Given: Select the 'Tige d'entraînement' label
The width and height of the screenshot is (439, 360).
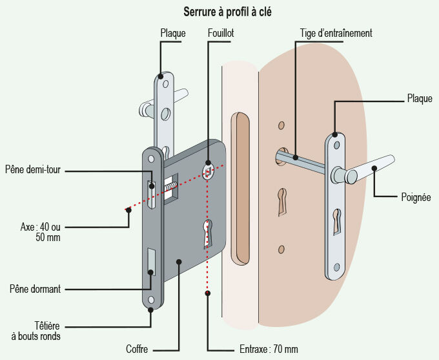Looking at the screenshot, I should (336, 32).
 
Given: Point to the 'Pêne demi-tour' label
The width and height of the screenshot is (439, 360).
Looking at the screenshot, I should (32, 170).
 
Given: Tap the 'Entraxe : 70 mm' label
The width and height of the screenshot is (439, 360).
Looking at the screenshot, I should (265, 349).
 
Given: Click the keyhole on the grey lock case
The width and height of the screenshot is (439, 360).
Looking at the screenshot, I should (207, 233).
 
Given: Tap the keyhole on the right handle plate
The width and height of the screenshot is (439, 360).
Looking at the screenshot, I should (337, 221).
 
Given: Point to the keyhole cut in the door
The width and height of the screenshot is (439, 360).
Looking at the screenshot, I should (281, 201).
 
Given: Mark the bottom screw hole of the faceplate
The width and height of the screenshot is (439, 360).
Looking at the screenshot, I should (151, 300).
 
